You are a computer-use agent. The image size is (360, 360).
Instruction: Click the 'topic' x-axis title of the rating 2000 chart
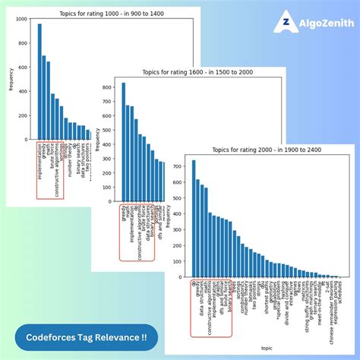[x=266, y=348]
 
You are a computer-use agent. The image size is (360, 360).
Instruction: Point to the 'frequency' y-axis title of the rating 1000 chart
[x=11, y=80]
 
